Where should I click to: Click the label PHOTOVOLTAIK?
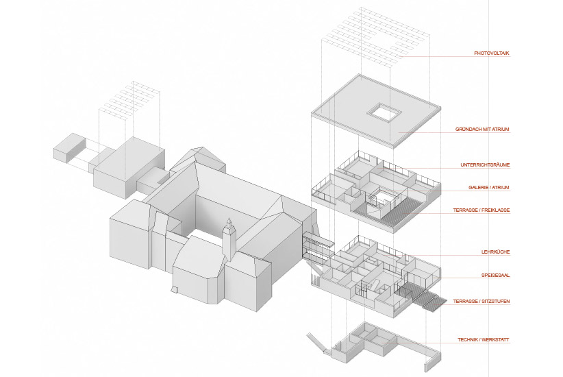point(491,53)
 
